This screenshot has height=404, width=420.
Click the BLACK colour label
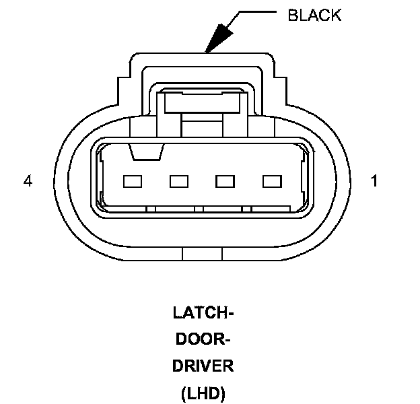[x=314, y=15]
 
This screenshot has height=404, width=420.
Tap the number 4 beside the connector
[x=28, y=181]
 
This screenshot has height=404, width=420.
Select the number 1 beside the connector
[x=374, y=181]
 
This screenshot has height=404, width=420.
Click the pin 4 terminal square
[x=133, y=181]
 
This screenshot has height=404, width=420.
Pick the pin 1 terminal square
[x=271, y=181]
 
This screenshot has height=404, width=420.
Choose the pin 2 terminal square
[x=225, y=181]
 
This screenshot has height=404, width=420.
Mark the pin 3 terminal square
[x=178, y=181]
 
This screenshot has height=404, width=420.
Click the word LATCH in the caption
[x=195, y=313]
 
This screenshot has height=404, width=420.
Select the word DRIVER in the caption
[x=203, y=366]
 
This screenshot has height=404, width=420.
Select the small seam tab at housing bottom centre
[x=203, y=254]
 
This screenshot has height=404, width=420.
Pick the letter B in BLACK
[x=292, y=15]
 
